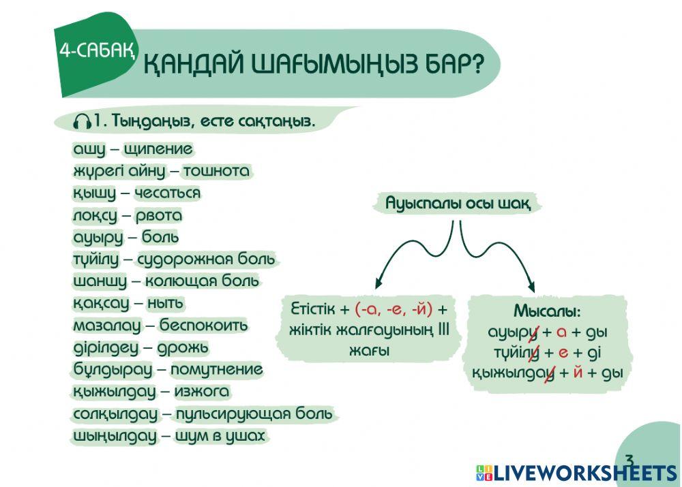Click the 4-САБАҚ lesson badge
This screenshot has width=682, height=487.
click(x=95, y=50)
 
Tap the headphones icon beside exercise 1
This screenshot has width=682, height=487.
click(x=83, y=122)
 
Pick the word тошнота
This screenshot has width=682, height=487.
click(x=216, y=171)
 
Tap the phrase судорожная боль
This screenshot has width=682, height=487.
click(x=206, y=260)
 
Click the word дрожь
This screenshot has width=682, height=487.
click(x=183, y=348)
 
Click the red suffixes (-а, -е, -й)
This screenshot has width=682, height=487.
click(x=394, y=310)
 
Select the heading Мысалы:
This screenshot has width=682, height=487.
click(x=546, y=312)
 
